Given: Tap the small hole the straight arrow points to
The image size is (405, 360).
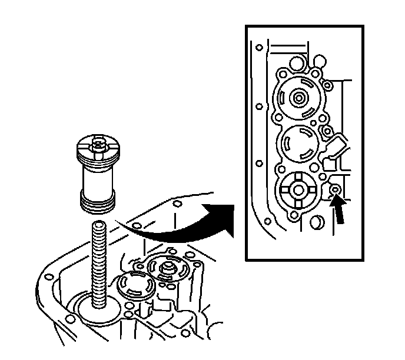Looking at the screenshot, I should [x=334, y=189].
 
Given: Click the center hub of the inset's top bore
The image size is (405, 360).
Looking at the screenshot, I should [x=299, y=97].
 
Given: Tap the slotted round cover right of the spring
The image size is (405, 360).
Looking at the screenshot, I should [x=137, y=286].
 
